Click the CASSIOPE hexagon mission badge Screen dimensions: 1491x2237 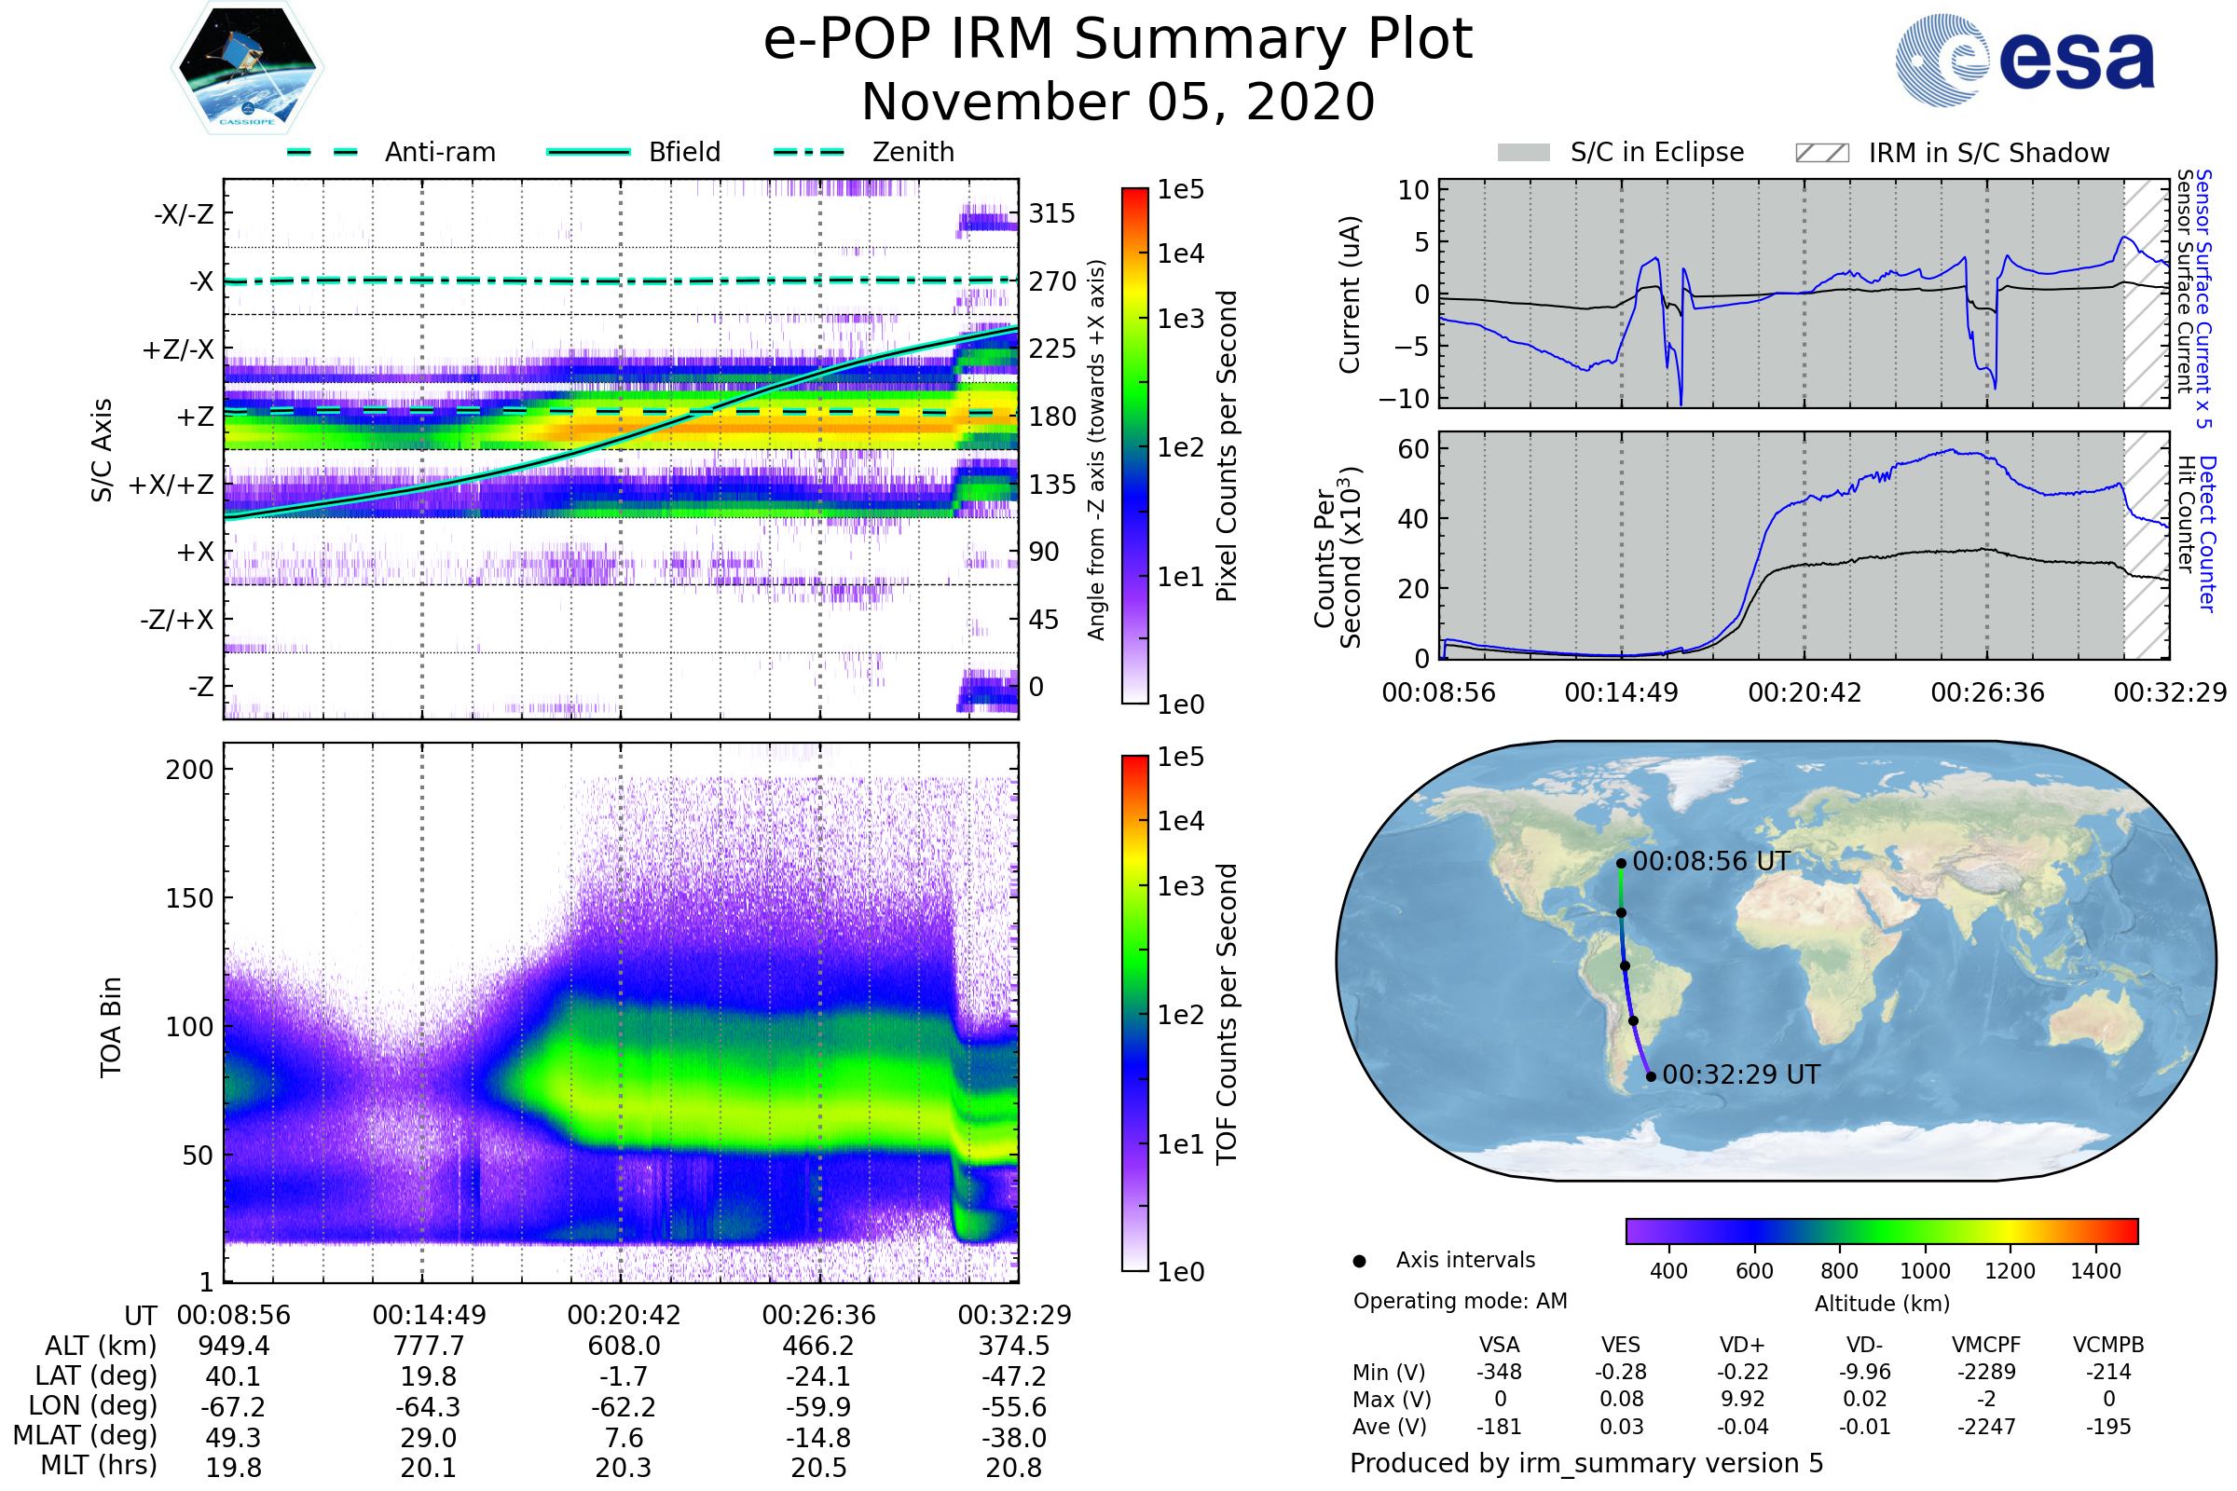[247, 67]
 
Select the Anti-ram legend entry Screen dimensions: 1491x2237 [439, 152]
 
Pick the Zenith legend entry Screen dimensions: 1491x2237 [913, 152]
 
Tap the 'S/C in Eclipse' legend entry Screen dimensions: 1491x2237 [1656, 152]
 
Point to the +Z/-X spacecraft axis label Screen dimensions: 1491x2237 [178, 349]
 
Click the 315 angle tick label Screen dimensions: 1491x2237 [1051, 213]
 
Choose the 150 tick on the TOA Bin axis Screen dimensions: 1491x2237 [189, 897]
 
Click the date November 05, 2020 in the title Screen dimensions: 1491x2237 [1118, 102]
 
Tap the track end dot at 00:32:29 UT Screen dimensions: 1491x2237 [1651, 1076]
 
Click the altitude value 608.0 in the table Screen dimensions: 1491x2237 [624, 1346]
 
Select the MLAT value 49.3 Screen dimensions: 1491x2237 [233, 1437]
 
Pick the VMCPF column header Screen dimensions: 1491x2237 [1986, 1345]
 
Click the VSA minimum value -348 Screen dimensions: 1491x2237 [1499, 1371]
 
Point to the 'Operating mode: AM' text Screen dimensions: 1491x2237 [1460, 1301]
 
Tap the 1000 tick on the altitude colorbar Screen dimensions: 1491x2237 [1924, 1271]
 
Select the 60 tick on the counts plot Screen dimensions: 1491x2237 [1413, 449]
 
